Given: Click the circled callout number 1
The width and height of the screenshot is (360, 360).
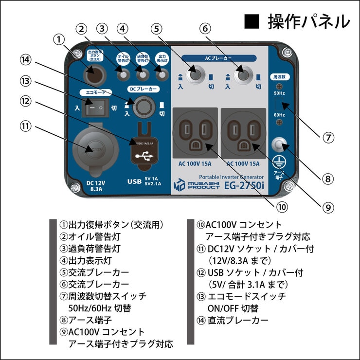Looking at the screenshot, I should point(59,37).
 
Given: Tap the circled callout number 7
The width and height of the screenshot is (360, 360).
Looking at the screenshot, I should point(329,137).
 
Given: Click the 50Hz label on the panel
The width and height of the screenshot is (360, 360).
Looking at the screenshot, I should point(279,92).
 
